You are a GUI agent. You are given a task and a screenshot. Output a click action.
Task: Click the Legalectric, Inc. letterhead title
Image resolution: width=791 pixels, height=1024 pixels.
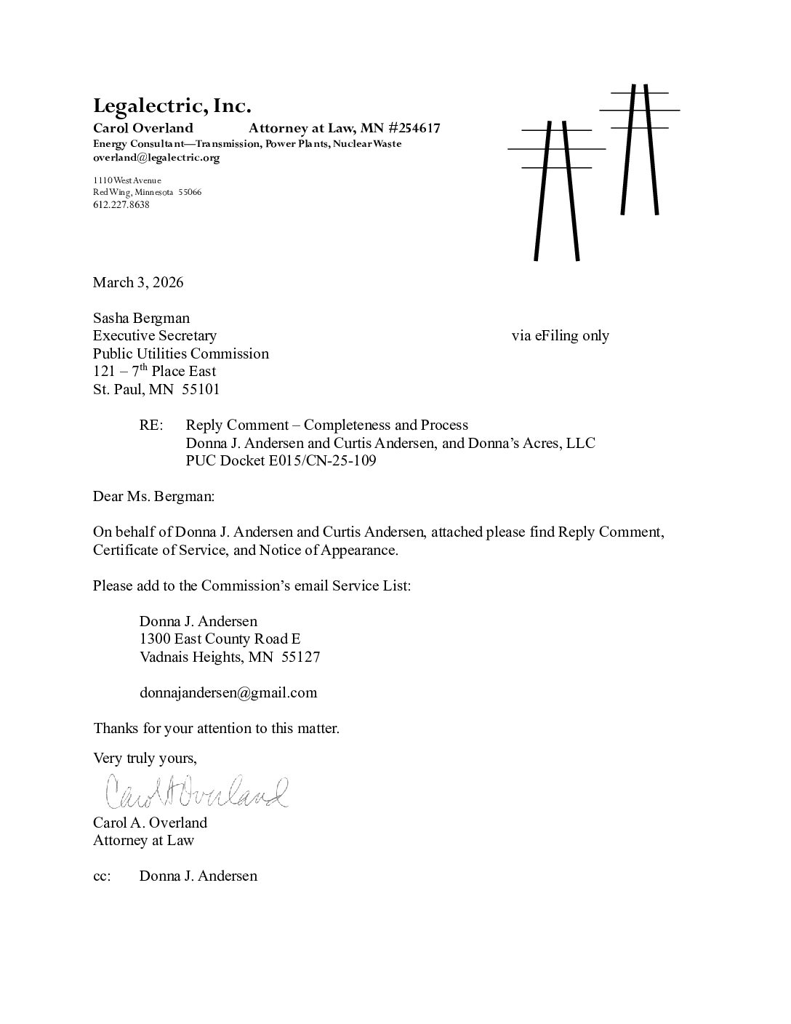pos(172,106)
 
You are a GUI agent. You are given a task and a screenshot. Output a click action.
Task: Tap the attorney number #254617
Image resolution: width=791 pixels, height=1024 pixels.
pos(414,129)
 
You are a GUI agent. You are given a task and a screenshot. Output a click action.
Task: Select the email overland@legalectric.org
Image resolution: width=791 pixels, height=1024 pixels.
pos(156,157)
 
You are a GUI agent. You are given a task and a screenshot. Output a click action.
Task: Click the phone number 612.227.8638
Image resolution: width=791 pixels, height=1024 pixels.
pos(121,204)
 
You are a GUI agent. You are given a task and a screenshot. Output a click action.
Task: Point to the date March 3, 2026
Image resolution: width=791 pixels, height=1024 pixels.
pos(137,282)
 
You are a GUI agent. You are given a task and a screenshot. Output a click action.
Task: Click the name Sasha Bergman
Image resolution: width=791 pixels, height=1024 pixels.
pos(141,318)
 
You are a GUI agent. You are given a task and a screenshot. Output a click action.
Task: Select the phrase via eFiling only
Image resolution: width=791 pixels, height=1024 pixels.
pos(560,335)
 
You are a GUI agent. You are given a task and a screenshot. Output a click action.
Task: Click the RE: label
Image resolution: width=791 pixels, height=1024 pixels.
pos(151,425)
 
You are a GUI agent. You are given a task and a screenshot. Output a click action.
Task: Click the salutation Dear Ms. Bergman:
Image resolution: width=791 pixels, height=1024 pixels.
pos(153,497)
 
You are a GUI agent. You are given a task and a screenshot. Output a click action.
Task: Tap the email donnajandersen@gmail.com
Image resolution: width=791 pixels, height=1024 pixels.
pos(228,692)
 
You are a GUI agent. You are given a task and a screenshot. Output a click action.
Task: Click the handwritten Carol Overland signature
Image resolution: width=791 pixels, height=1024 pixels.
pos(196,792)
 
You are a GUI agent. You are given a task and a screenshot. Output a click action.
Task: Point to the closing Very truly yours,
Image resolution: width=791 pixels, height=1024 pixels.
pos(145,758)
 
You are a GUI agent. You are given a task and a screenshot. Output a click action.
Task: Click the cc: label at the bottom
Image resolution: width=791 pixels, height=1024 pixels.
pos(102,876)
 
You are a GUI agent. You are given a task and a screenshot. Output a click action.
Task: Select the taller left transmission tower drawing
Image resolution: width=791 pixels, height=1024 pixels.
pos(557,189)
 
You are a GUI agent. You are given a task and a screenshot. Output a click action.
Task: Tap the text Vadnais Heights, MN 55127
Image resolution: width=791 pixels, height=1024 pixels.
pos(229,657)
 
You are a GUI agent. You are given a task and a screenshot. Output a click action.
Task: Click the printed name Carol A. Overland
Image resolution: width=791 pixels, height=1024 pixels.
pos(150,823)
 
